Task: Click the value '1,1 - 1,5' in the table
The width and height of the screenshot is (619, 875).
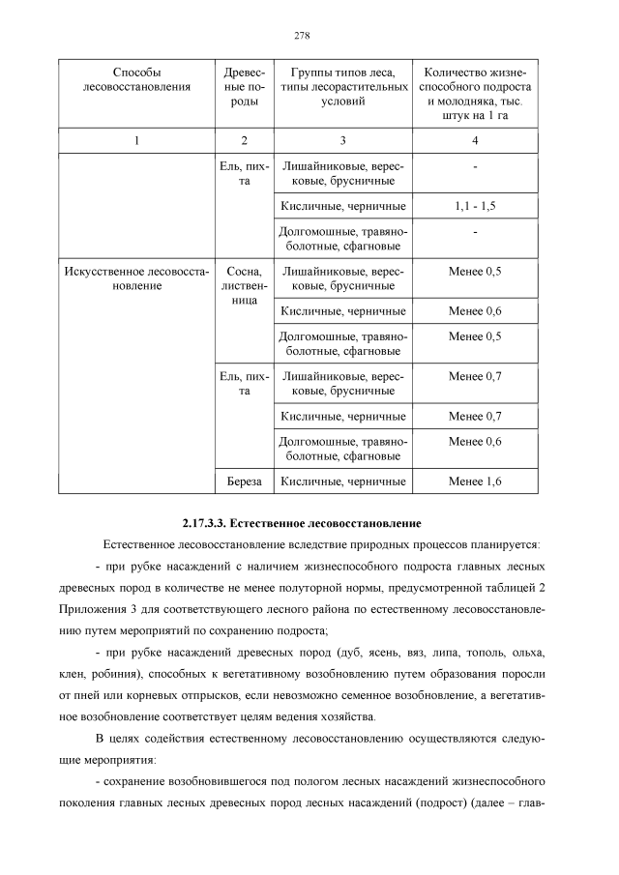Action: click(474, 206)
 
